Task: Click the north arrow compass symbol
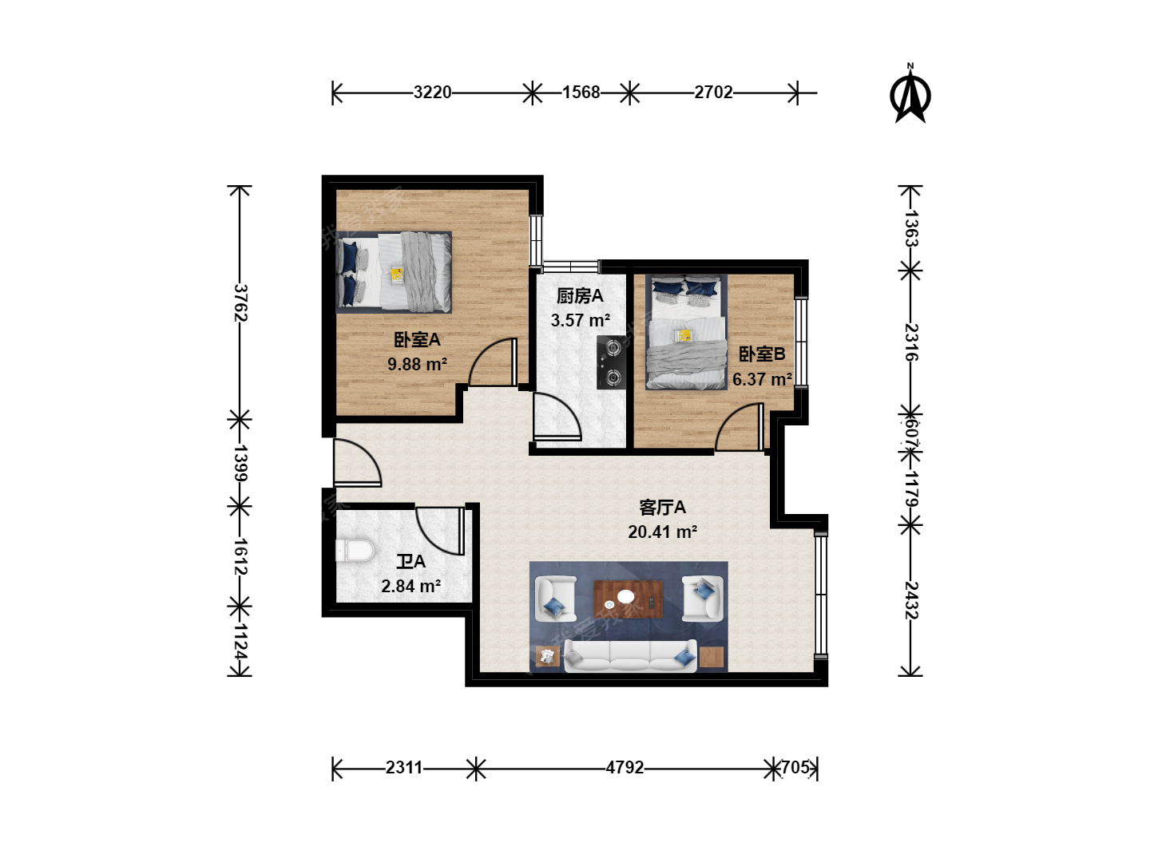point(910,94)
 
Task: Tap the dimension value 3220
point(432,93)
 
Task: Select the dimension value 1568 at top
point(581,93)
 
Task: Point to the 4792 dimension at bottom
point(625,767)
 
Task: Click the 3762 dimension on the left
point(240,302)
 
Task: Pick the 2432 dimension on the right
point(912,599)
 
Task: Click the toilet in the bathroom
point(355,551)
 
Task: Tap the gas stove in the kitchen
point(612,362)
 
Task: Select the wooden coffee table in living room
point(629,599)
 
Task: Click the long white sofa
point(630,655)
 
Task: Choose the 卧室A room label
point(417,340)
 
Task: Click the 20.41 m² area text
point(662,532)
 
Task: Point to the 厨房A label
point(580,296)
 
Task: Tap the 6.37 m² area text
point(762,379)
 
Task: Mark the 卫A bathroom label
point(410,562)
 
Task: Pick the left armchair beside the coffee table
point(555,599)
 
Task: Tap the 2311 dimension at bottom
point(404,767)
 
